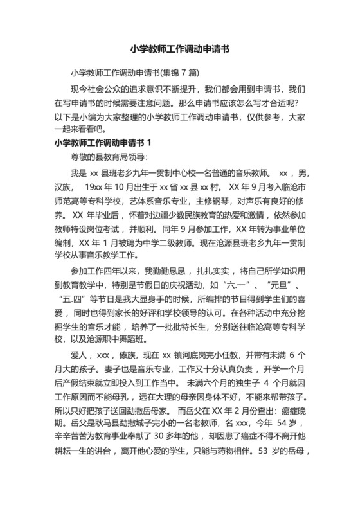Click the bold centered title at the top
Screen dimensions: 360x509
[180, 48]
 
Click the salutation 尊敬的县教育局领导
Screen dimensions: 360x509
[101, 156]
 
